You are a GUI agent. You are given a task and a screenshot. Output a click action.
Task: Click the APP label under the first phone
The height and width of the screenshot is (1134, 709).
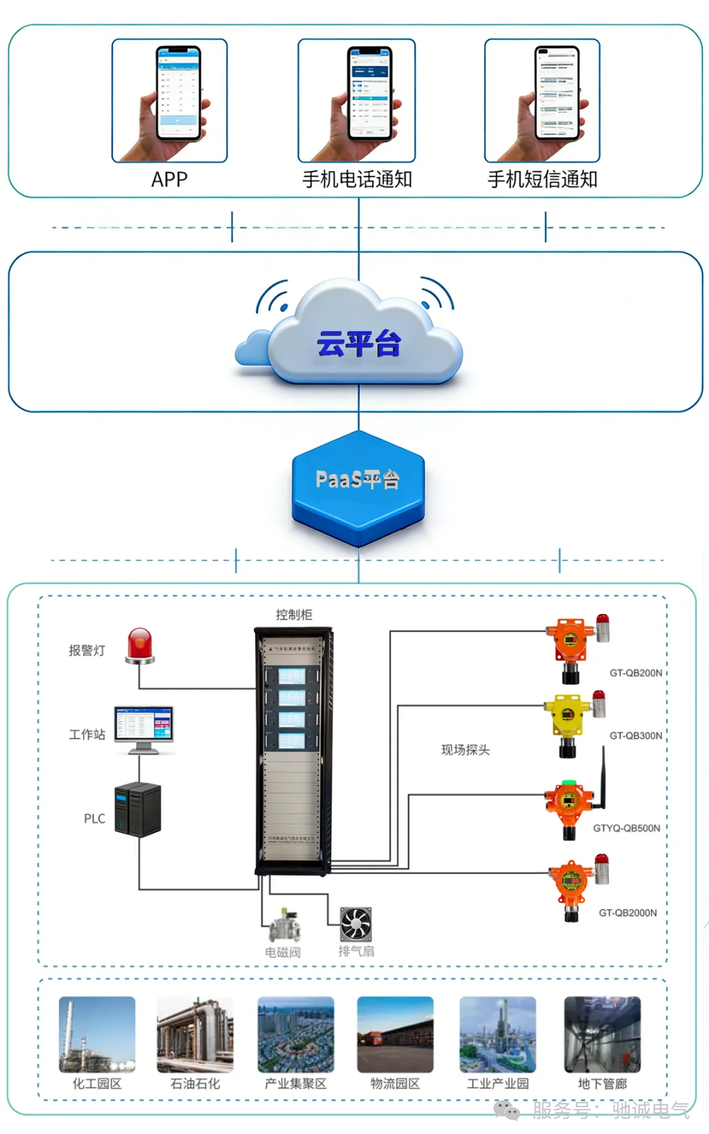coord(169,179)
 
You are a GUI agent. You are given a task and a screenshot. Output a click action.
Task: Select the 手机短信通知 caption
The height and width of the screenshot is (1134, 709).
coord(542,179)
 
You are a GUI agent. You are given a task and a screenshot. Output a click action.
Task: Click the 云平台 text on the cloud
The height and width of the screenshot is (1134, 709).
coord(358,344)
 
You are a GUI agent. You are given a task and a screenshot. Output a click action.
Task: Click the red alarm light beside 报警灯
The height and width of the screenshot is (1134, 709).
coord(140,645)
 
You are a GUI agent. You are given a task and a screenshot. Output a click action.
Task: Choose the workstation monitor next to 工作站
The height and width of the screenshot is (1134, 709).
coord(144,728)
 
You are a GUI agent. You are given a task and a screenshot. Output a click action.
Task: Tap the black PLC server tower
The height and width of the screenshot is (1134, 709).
coord(138,809)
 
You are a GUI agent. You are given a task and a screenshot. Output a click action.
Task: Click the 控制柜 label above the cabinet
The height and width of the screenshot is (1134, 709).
coord(293,615)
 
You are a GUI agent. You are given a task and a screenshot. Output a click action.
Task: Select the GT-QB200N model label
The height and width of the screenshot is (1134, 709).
coord(635,673)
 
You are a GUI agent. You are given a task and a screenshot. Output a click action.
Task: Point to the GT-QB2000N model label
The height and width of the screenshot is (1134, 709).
coord(628,913)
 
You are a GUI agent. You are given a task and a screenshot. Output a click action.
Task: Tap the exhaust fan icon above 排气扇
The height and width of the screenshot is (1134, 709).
coord(356,923)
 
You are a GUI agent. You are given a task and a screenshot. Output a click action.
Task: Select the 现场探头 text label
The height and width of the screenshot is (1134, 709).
coord(465,750)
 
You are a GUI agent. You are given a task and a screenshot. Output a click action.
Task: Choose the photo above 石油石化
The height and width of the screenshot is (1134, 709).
coord(195,1034)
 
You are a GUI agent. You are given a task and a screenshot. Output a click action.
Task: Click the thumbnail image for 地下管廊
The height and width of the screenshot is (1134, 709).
coord(602,1034)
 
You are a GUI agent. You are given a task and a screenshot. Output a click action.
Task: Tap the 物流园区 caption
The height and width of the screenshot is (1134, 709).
coord(395,1083)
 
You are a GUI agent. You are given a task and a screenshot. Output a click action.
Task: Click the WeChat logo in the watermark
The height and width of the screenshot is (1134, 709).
coord(507,1110)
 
